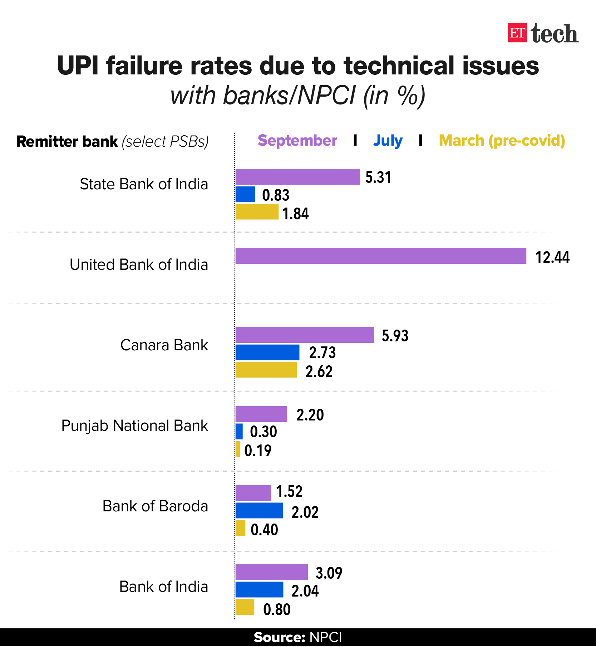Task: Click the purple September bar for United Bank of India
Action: click(380, 256)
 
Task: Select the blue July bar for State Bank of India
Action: click(245, 194)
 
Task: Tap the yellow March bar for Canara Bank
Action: click(266, 370)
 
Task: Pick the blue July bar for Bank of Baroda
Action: click(259, 510)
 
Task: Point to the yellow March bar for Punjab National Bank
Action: click(238, 449)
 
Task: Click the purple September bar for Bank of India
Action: click(271, 572)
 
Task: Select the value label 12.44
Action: click(552, 257)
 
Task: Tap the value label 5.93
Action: click(395, 336)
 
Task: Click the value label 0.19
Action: click(258, 451)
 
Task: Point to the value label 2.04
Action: click(305, 591)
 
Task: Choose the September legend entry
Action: click(297, 141)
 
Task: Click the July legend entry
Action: click(388, 141)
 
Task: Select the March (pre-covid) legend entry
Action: click(502, 141)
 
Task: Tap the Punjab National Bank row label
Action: click(134, 426)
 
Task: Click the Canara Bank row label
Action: click(164, 345)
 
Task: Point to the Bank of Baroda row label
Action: click(155, 506)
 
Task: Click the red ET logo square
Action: click(517, 33)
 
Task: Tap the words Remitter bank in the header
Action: click(67, 142)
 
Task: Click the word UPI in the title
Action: click(78, 66)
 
